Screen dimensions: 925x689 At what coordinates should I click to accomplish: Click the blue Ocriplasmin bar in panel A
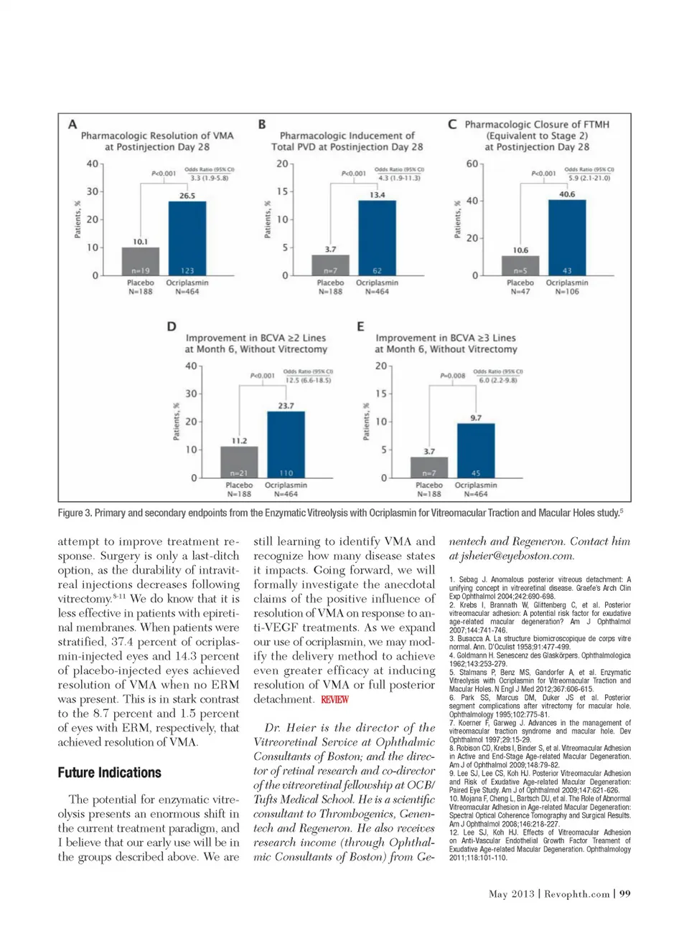187,237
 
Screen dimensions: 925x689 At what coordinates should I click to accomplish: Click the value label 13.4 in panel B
378,195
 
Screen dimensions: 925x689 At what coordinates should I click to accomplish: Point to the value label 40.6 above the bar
567,194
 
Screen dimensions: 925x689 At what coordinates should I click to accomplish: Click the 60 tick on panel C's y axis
472,163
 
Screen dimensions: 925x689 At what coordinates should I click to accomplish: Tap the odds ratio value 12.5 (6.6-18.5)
309,380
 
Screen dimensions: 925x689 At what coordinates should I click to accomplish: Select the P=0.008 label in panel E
453,375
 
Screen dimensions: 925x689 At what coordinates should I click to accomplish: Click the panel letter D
172,326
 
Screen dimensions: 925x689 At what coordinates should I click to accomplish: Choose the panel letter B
262,124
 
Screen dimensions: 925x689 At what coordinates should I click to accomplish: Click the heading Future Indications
110,772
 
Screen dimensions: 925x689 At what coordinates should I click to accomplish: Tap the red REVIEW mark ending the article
334,699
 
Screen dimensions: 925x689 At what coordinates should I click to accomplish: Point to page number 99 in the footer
625,893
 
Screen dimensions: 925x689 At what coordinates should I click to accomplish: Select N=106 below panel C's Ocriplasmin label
567,292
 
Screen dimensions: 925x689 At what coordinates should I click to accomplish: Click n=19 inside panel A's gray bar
141,270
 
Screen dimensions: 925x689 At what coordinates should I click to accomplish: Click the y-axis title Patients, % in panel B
268,219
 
